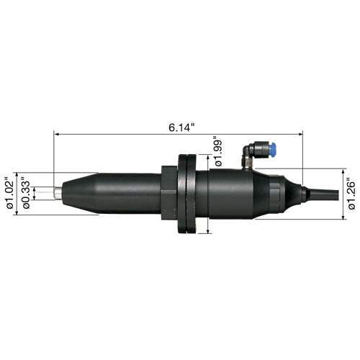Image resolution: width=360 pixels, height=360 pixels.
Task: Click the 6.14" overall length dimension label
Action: pos(181,127)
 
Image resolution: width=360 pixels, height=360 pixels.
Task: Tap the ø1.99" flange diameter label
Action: pos(219,151)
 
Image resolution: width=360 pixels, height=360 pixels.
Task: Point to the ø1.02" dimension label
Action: pos(10,193)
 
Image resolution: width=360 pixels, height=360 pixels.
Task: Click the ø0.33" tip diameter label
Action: pos(26,193)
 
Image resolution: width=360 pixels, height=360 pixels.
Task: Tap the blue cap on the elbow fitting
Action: pos(272,148)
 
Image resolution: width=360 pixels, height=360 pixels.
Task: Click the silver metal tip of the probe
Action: pos(58,193)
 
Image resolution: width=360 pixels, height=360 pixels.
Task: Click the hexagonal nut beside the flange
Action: pos(169,192)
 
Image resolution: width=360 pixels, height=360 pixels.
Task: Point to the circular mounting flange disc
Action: pos(187,194)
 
